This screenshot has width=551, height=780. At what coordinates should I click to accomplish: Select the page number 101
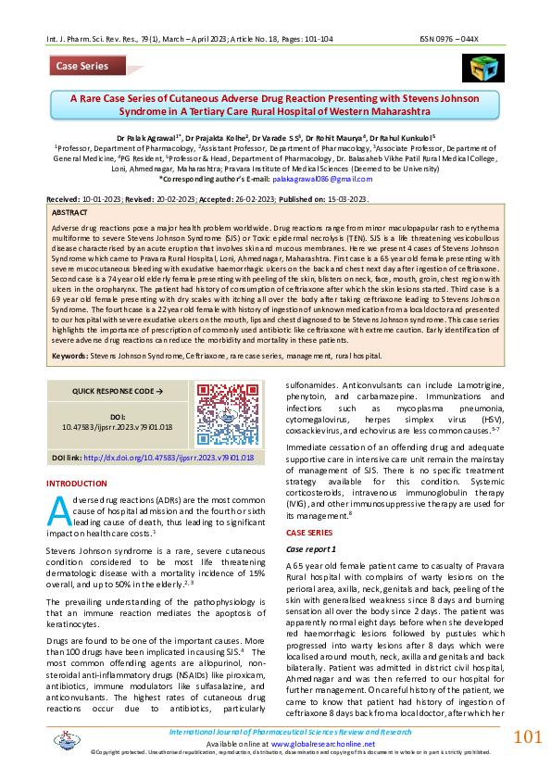point(527,737)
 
